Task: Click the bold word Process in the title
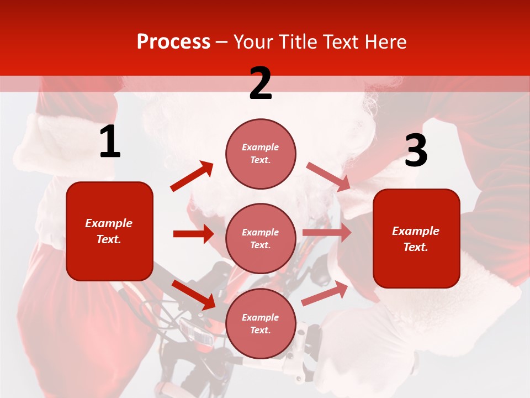173,42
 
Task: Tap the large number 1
110,142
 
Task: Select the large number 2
261,83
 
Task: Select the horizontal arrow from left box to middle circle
193,234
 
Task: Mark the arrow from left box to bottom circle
193,295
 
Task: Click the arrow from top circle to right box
328,177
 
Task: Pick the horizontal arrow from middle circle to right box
326,233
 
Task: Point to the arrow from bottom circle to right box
325,294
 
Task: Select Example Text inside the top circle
261,154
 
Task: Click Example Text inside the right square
416,239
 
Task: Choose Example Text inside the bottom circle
261,324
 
